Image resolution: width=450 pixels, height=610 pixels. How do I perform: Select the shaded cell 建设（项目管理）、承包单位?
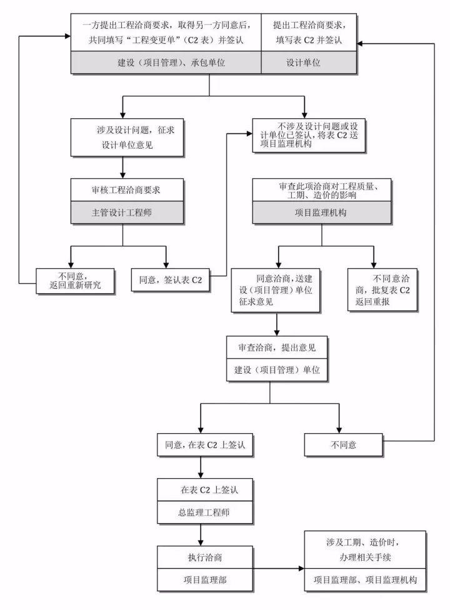(x=165, y=63)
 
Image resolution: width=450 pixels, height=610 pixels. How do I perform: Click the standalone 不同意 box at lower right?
(x=343, y=445)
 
